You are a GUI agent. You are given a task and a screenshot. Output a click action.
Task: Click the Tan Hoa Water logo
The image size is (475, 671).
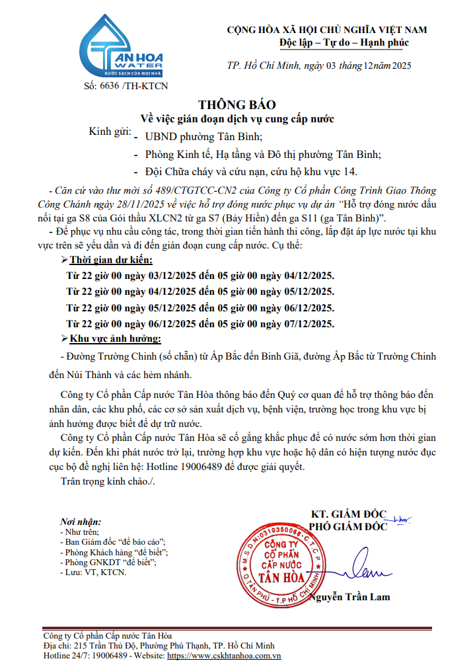(120, 47)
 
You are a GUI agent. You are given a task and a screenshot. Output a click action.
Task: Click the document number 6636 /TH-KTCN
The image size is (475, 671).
(126, 87)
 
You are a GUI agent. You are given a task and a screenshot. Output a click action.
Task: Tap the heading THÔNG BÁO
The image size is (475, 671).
(237, 105)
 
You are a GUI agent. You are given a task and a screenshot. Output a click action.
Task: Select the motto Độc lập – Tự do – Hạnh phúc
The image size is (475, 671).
(344, 43)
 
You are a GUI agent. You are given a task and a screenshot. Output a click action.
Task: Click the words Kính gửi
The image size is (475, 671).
(110, 132)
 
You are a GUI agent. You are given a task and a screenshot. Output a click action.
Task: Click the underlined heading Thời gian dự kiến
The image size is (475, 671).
(120, 260)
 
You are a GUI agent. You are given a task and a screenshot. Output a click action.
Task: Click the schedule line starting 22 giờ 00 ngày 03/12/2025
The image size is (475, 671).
(200, 276)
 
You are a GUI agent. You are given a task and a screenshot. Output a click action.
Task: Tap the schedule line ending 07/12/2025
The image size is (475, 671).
(200, 323)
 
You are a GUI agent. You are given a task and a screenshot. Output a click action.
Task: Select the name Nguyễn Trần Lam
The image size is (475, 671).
(355, 597)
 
